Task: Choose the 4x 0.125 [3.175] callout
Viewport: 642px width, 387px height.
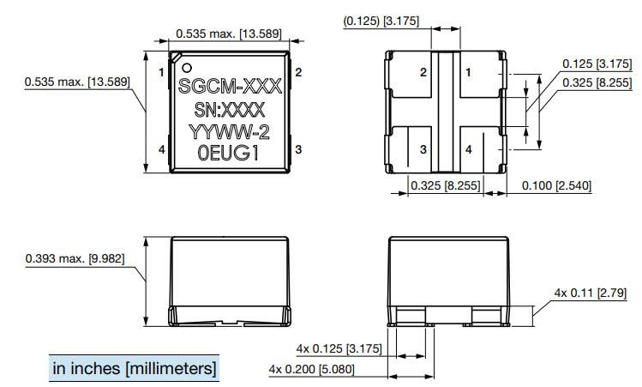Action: click(x=333, y=348)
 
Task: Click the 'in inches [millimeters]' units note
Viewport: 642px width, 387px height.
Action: click(x=135, y=368)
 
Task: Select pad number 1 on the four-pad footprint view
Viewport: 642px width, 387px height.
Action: click(x=468, y=73)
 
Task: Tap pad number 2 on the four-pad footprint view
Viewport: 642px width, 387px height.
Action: click(x=423, y=73)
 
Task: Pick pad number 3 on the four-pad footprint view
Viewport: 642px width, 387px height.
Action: click(x=423, y=149)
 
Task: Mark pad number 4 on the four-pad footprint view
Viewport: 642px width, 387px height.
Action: click(x=468, y=149)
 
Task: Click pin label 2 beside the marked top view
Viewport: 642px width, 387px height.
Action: click(x=298, y=73)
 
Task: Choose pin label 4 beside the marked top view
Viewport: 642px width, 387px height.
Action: click(x=161, y=150)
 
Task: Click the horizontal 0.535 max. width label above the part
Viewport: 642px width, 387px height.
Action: click(x=229, y=33)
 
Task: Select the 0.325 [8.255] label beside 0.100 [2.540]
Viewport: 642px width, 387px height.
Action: click(x=445, y=185)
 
